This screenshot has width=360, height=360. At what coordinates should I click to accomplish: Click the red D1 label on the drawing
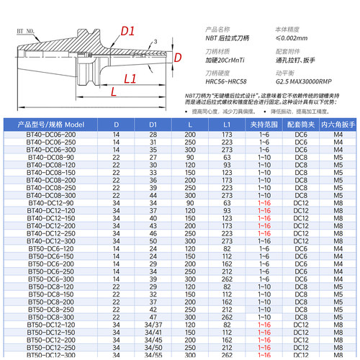(128, 31)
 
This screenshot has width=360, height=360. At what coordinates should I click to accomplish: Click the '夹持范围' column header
(264, 125)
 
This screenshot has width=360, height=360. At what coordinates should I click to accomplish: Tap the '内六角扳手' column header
(338, 125)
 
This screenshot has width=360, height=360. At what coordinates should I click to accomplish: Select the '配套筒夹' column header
(301, 125)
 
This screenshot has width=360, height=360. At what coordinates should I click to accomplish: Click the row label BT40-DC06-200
(56, 135)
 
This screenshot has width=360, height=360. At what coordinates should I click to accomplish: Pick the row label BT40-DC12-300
(56, 240)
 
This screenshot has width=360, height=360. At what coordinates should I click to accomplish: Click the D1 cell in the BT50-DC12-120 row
(153, 325)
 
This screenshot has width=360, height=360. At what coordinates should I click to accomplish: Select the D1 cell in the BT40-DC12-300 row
(153, 240)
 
